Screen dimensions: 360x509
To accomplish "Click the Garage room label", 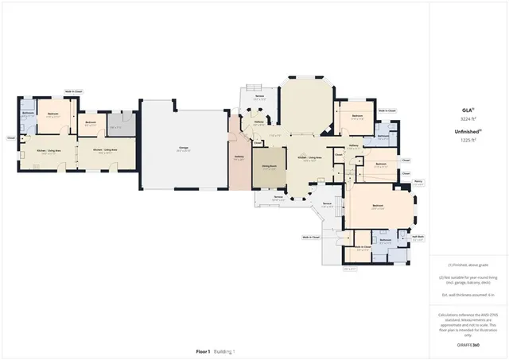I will (x=183, y=149).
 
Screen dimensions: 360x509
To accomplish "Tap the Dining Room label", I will (x=269, y=166).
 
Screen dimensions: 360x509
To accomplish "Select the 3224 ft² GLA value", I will (x=468, y=118).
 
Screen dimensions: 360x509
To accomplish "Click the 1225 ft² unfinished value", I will (x=468, y=140).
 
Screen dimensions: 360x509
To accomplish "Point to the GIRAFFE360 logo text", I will (x=468, y=346).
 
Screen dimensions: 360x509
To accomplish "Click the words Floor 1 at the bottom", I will (x=204, y=350).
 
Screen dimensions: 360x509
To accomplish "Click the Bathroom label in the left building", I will (x=28, y=114).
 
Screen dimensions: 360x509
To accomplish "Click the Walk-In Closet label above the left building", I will (x=73, y=92).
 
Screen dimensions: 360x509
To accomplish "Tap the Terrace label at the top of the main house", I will (x=259, y=97).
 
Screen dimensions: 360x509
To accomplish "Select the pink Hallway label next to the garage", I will (x=238, y=158).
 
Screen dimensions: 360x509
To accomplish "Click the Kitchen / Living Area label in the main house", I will (x=309, y=157).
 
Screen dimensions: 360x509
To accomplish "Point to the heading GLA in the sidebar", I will (x=468, y=110).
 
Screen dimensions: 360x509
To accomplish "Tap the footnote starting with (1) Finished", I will (x=468, y=265).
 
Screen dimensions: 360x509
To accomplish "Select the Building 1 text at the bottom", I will (x=223, y=350).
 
